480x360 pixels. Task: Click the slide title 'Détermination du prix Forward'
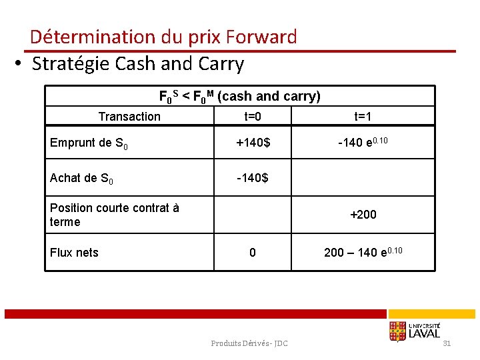163,37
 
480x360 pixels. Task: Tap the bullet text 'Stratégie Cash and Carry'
138,64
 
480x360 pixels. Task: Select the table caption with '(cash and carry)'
239,96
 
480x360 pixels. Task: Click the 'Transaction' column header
129,117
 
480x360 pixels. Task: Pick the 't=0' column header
253,117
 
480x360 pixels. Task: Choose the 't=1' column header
363,117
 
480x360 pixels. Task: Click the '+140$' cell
253,142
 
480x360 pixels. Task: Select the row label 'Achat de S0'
81,179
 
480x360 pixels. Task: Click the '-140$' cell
253,178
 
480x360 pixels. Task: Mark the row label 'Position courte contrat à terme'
114,215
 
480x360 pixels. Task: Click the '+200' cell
363,215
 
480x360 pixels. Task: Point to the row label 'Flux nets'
74,253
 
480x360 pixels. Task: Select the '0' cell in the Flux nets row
253,253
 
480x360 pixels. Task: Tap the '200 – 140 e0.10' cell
363,252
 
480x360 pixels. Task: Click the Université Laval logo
414,331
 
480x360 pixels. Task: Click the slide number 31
447,343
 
